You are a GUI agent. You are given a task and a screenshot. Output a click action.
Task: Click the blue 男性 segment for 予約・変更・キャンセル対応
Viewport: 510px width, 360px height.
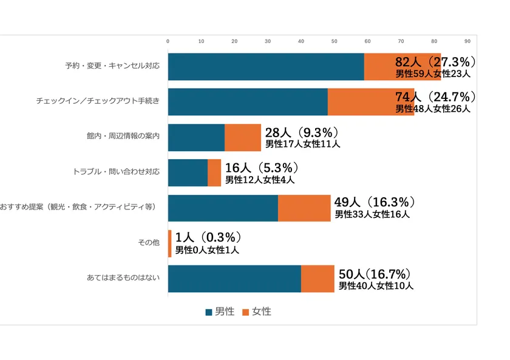[265, 67]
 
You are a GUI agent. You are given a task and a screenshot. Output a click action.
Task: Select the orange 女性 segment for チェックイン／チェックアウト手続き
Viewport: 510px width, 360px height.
[370, 102]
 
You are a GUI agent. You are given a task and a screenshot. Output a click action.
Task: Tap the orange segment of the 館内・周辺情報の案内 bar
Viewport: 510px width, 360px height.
[242, 137]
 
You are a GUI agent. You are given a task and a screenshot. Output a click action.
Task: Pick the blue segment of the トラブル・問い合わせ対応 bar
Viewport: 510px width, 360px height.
[188, 172]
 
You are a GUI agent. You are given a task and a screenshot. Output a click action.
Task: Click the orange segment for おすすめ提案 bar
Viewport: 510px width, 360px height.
[304, 208]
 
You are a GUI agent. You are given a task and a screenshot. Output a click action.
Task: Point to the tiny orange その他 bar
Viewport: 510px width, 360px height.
[169, 243]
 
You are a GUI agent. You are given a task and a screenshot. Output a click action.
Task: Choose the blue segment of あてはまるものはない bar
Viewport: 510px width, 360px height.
[234, 278]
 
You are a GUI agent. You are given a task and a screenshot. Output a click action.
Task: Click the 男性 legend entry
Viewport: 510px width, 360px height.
[220, 311]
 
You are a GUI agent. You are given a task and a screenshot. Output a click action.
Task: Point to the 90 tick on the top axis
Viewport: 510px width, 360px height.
[467, 41]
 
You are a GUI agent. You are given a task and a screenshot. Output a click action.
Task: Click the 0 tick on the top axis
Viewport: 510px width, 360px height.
[168, 41]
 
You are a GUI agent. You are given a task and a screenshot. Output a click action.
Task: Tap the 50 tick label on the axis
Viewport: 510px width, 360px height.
[334, 41]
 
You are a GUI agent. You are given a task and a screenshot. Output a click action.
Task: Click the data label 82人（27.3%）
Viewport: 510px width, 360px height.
[435, 62]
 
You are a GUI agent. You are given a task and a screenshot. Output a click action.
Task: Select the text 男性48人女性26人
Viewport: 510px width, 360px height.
[432, 109]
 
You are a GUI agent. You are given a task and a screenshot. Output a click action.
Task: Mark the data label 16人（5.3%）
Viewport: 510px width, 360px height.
[262, 168]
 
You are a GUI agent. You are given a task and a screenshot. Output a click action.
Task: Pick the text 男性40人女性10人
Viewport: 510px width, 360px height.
[376, 286]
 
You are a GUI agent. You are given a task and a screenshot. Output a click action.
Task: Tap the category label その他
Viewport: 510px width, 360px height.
[149, 243]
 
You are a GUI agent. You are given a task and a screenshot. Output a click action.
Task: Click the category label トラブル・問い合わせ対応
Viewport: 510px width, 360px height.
[116, 172]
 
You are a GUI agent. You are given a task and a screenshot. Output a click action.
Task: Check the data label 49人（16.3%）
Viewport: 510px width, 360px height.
[375, 202]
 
